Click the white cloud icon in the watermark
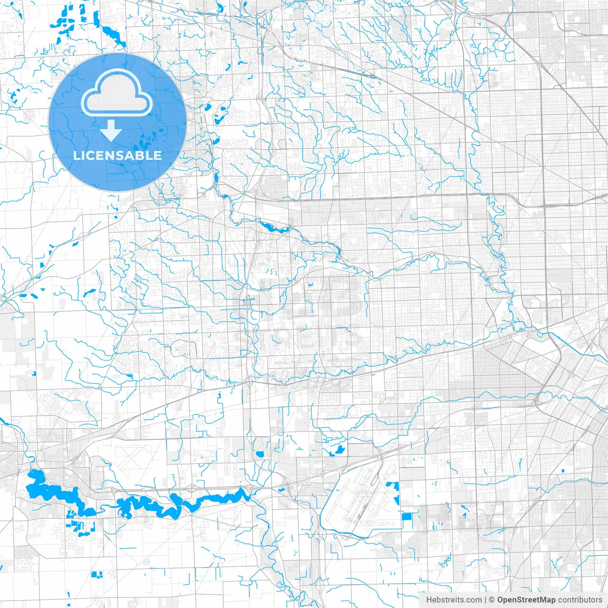click(117, 95)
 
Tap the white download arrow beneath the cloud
click(111, 130)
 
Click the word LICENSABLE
click(117, 155)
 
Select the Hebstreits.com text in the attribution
click(454, 600)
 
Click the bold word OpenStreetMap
click(526, 600)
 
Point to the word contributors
click(579, 600)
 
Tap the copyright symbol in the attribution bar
click(492, 600)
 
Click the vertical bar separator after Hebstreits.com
click(485, 600)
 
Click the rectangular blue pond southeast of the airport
click(407, 517)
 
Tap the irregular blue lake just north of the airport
click(337, 450)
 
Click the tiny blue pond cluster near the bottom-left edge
click(99, 575)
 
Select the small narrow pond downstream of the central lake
click(338, 250)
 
